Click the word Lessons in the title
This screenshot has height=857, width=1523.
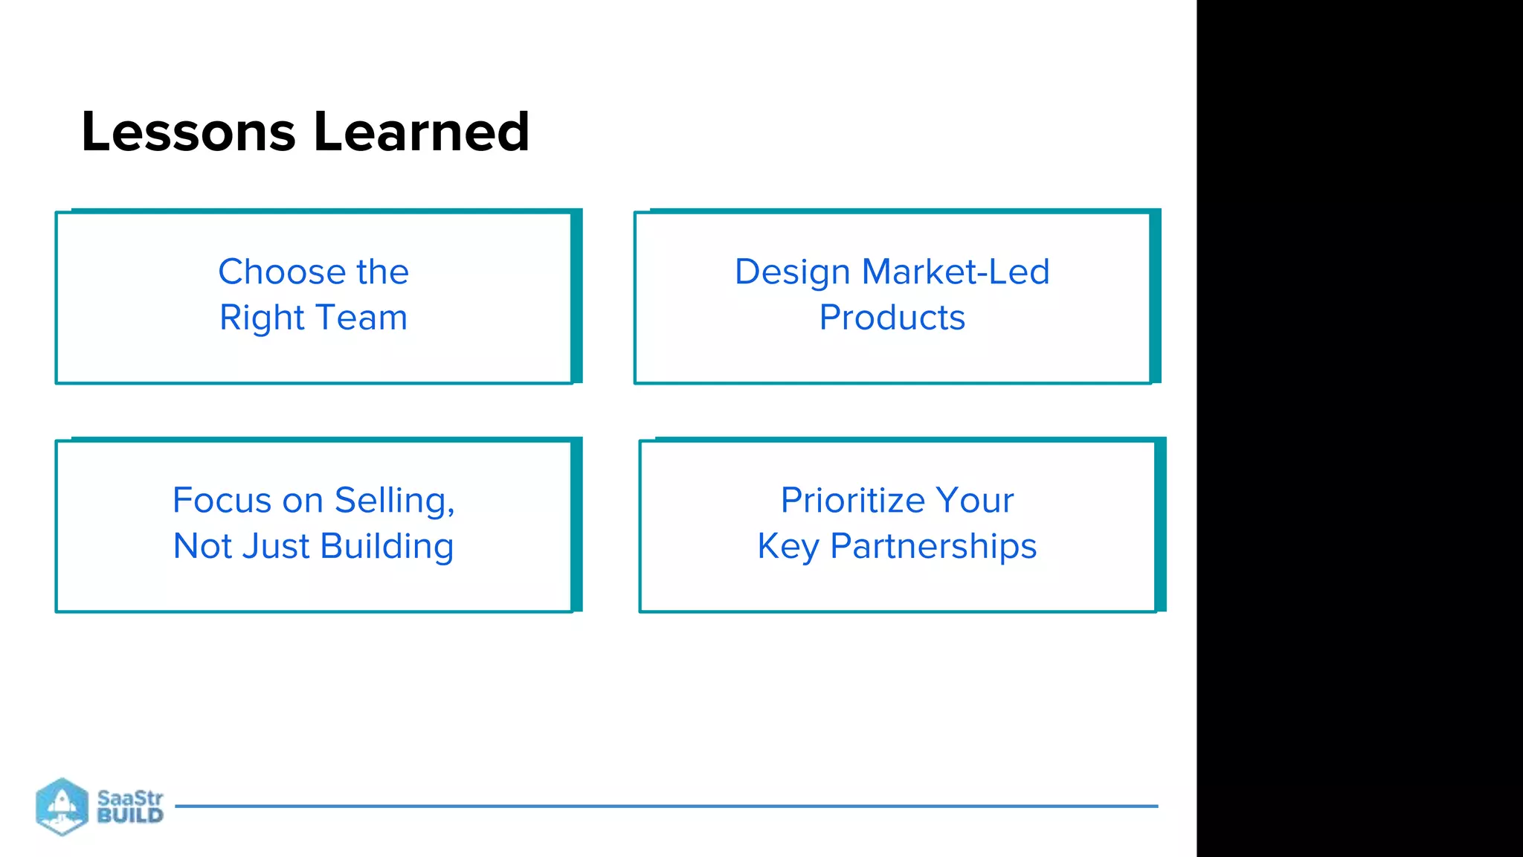pyautogui.click(x=188, y=132)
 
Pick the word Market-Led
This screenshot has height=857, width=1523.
pyautogui.click(x=956, y=272)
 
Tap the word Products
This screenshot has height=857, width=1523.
pyautogui.click(x=892, y=318)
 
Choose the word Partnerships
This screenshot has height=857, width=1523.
pyautogui.click(x=933, y=547)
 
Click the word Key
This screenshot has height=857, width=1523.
pyautogui.click(x=788, y=547)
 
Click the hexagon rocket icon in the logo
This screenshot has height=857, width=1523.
pyautogui.click(x=62, y=806)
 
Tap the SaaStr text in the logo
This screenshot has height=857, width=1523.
pyautogui.click(x=130, y=798)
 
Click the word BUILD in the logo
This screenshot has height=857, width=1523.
pyautogui.click(x=130, y=815)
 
